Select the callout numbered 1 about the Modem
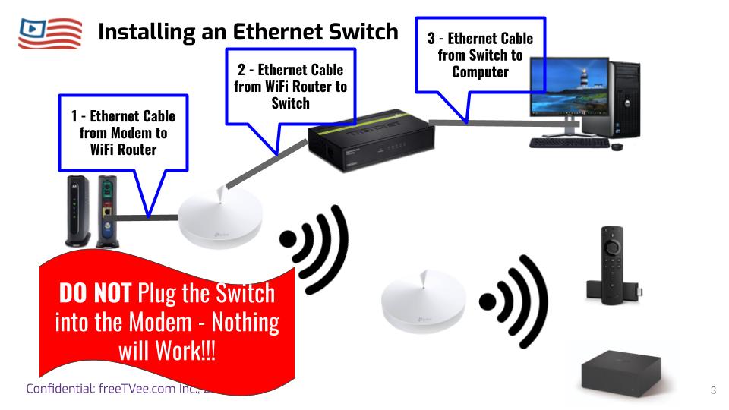(123, 133)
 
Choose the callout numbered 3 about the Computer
(480, 55)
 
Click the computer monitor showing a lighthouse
(569, 90)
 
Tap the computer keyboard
(569, 143)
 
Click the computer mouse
(617, 146)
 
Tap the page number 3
(713, 390)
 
